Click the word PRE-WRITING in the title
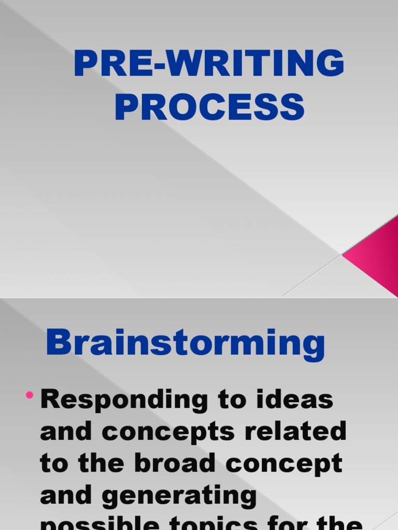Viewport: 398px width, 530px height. tap(209, 64)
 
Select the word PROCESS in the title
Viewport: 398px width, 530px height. tap(209, 107)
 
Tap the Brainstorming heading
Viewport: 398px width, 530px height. tap(185, 343)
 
